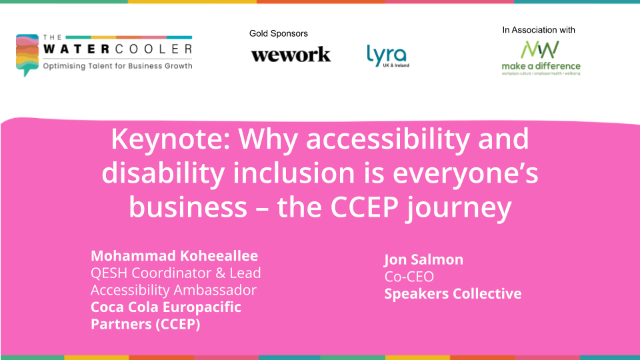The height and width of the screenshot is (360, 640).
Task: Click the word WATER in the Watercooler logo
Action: click(76, 49)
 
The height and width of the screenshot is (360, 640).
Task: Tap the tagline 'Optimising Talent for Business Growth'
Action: click(117, 66)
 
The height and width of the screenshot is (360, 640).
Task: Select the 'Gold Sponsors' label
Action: click(279, 33)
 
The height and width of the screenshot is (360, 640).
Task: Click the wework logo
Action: click(291, 55)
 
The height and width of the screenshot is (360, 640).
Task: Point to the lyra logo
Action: click(388, 56)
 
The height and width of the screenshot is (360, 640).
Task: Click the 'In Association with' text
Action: click(539, 30)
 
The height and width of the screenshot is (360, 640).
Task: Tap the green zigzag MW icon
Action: click(539, 49)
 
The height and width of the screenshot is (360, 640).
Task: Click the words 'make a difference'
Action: click(541, 66)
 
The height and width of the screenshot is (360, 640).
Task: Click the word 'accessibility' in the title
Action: click(388, 139)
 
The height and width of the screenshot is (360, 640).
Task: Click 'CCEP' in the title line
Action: click(364, 207)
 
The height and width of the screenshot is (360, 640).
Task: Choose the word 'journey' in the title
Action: click(459, 209)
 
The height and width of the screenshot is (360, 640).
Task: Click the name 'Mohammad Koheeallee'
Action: click(174, 255)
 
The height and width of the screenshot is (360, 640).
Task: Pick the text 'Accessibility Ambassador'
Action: click(173, 290)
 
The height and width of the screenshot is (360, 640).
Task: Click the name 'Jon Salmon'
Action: click(424, 259)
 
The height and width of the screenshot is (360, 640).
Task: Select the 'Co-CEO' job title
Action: click(409, 276)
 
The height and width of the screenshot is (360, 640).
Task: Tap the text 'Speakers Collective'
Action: click(453, 294)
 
